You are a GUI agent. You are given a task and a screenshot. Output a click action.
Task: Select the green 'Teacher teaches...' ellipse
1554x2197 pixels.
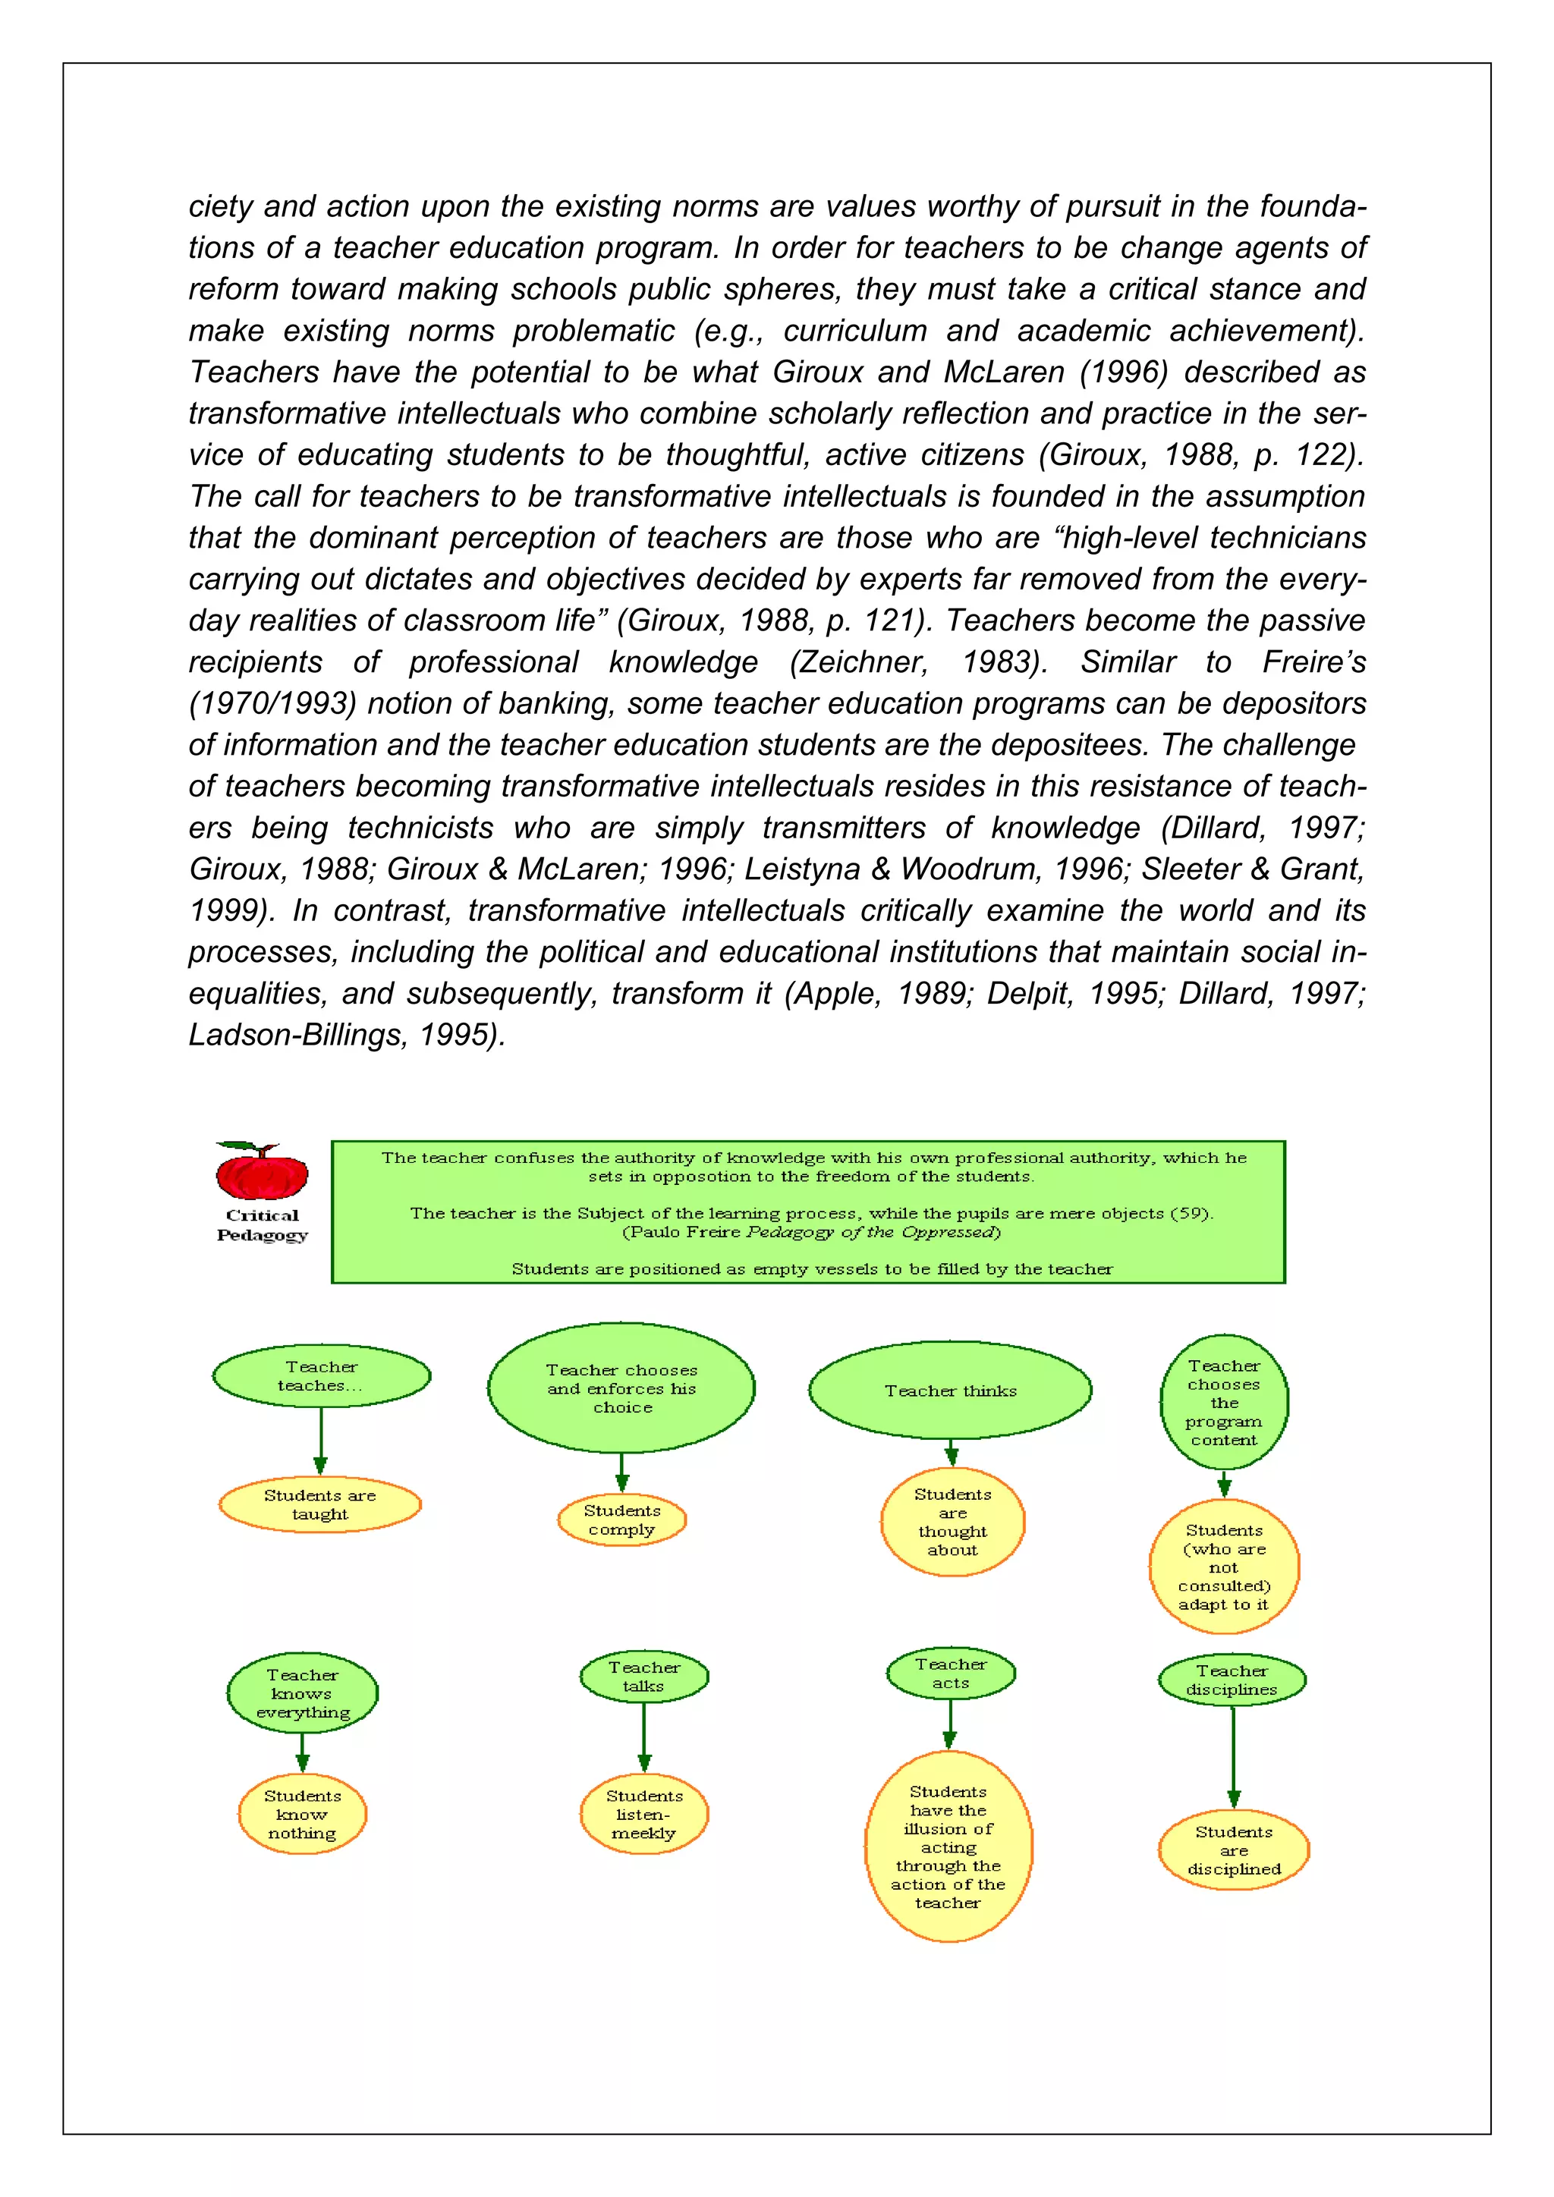[x=322, y=1376]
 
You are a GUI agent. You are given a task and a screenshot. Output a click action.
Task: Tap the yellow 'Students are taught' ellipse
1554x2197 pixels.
[x=319, y=1504]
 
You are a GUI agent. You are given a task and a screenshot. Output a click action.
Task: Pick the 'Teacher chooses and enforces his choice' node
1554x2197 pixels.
[x=621, y=1388]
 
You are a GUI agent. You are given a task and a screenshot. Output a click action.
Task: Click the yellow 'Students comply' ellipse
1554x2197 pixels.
[x=622, y=1520]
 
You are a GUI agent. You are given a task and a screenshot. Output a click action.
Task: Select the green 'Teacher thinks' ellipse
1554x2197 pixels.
[x=950, y=1391]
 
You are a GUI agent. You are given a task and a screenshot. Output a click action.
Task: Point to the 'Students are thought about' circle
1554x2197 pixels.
[x=952, y=1522]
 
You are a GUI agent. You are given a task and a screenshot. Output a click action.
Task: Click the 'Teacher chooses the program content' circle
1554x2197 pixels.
[x=1224, y=1402]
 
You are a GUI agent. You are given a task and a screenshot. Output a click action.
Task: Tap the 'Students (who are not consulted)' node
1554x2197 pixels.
[x=1224, y=1567]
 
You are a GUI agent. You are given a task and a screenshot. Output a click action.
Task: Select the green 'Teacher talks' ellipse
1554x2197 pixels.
[x=644, y=1677]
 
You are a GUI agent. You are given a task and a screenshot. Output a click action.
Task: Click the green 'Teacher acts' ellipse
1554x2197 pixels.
[x=950, y=1673]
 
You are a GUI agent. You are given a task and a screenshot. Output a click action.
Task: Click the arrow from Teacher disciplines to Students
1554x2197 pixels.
[x=1234, y=1757]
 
